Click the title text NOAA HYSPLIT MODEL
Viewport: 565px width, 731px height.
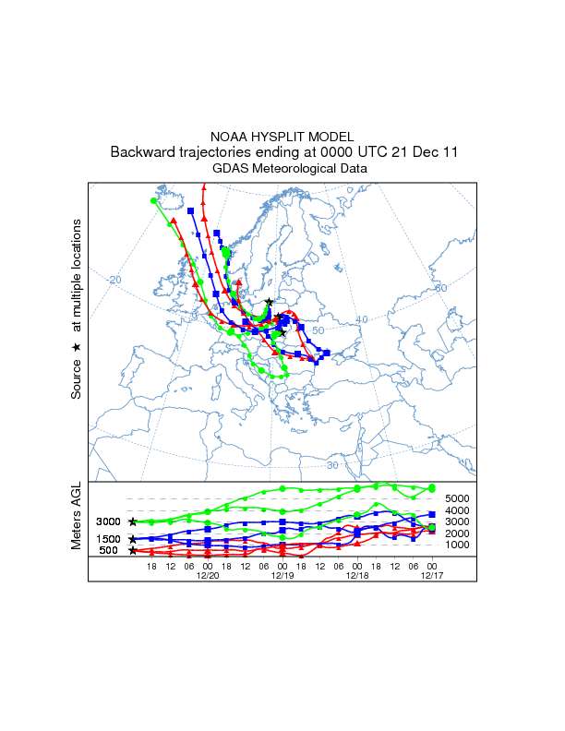point(282,136)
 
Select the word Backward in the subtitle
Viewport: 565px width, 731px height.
point(141,151)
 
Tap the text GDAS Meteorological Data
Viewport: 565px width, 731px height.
point(282,168)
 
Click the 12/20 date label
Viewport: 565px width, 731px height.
point(208,574)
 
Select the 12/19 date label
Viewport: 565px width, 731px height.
point(282,574)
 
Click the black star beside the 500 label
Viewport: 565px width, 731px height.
point(133,550)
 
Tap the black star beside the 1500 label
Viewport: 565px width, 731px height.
point(133,539)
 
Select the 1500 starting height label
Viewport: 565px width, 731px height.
point(109,539)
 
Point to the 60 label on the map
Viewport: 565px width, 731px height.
point(440,289)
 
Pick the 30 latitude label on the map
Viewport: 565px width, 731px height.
point(332,439)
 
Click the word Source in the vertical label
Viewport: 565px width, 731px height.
point(77,379)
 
